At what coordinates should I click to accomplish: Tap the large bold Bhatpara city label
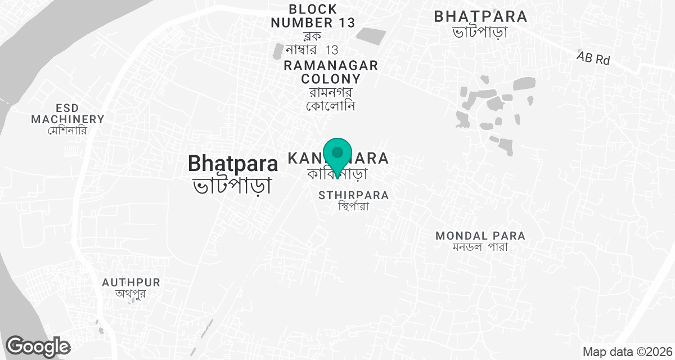pyautogui.click(x=233, y=163)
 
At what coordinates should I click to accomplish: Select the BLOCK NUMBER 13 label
pyautogui.click(x=313, y=16)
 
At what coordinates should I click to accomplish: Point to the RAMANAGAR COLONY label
pyautogui.click(x=331, y=72)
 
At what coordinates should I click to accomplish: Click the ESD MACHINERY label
pyautogui.click(x=68, y=113)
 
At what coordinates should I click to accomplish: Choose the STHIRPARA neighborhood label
pyautogui.click(x=353, y=195)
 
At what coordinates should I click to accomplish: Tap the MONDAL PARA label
pyautogui.click(x=480, y=236)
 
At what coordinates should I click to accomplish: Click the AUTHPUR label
pyautogui.click(x=131, y=282)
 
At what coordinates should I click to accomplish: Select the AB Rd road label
pyautogui.click(x=593, y=58)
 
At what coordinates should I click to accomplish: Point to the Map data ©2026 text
pyautogui.click(x=627, y=352)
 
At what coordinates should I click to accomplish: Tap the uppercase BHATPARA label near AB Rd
pyautogui.click(x=480, y=16)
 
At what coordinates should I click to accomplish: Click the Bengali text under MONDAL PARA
pyautogui.click(x=480, y=247)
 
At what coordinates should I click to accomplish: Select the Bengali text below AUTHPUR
pyautogui.click(x=131, y=294)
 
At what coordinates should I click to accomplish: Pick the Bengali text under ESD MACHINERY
pyautogui.click(x=69, y=130)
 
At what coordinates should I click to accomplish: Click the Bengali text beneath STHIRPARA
pyautogui.click(x=353, y=206)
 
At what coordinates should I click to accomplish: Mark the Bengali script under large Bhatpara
pyautogui.click(x=233, y=184)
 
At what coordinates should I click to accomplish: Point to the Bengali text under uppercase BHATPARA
pyautogui.click(x=480, y=32)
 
